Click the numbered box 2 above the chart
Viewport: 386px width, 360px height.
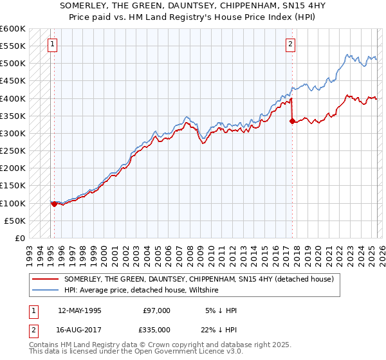(x=291, y=44)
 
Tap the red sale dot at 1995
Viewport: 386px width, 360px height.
(x=54, y=204)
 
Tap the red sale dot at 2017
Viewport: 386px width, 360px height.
(x=292, y=120)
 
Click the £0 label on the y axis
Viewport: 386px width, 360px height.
(x=19, y=238)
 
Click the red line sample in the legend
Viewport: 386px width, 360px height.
(x=45, y=280)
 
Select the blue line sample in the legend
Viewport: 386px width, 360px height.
(x=45, y=291)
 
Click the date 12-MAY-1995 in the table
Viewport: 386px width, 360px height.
(x=80, y=310)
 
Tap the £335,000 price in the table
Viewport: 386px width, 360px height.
(x=156, y=330)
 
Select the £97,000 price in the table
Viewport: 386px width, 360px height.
(x=156, y=310)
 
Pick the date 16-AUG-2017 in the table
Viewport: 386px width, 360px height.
(x=80, y=330)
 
